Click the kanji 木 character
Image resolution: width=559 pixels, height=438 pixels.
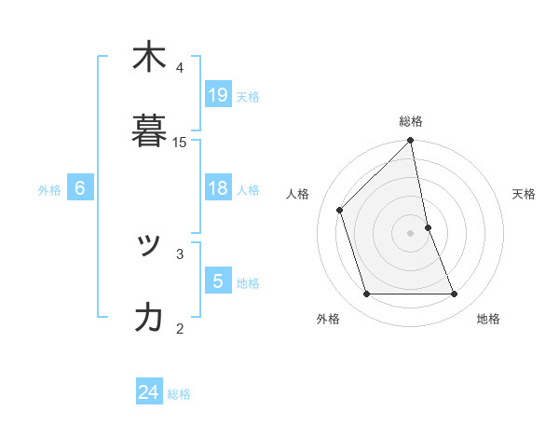tap(149, 58)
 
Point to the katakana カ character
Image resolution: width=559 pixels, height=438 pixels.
tap(149, 318)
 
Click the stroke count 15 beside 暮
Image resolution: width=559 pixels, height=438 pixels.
tap(180, 143)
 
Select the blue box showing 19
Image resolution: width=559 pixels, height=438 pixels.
tap(218, 95)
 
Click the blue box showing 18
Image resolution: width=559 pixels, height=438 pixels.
tap(218, 188)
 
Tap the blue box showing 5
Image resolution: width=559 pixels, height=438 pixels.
tap(218, 281)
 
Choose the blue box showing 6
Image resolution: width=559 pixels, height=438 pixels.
tap(80, 188)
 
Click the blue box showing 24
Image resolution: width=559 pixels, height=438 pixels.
tap(149, 392)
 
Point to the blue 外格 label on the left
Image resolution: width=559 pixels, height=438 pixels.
tap(49, 190)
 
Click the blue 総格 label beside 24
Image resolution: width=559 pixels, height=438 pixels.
tap(179, 394)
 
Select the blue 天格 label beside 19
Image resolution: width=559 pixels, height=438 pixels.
tap(248, 96)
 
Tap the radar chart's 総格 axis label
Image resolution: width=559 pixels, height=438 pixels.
tap(411, 121)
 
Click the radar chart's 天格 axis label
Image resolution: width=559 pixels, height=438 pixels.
tap(525, 194)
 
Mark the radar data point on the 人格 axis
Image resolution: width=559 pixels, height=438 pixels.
tap(340, 210)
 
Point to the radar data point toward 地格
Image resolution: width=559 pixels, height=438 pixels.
tap(455, 294)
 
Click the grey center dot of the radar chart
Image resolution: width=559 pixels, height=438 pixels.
tap(411, 233)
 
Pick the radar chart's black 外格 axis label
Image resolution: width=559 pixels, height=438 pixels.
tap(328, 319)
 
